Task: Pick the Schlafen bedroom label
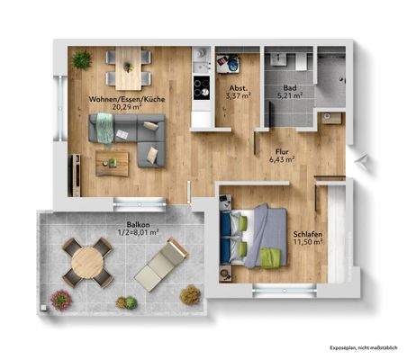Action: (x=308, y=236)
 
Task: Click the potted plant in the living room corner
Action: (x=82, y=59)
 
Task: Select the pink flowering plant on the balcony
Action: (x=60, y=298)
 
